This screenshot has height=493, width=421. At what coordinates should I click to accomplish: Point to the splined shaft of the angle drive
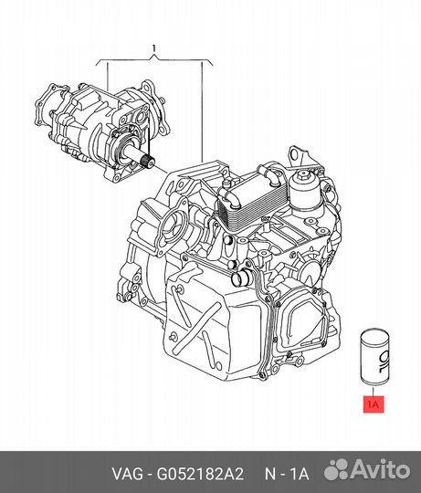[x=145, y=163]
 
